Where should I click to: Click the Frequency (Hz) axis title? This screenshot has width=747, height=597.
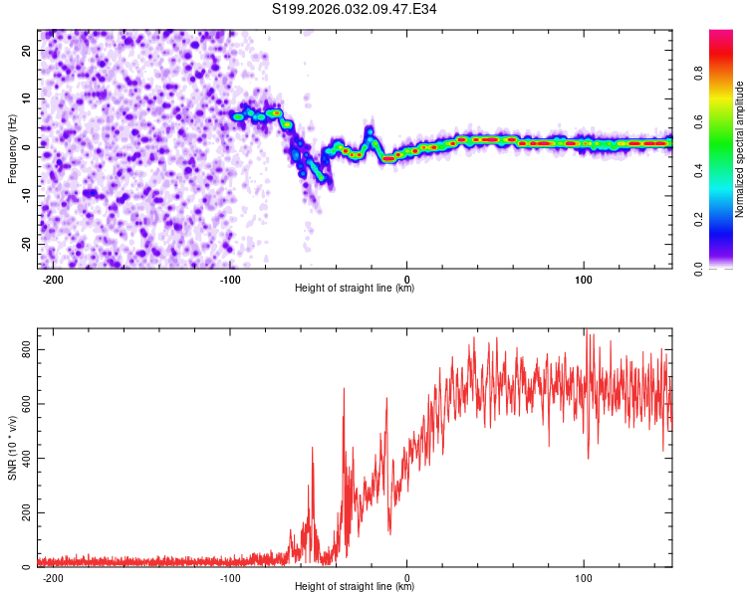click(12, 149)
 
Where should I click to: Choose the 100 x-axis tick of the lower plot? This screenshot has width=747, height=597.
click(585, 577)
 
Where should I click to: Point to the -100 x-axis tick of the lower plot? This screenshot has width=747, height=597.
click(230, 577)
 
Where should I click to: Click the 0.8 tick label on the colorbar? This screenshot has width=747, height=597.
click(699, 72)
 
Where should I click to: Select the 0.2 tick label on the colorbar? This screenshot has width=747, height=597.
click(699, 220)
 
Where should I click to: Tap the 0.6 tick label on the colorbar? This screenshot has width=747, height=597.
click(699, 121)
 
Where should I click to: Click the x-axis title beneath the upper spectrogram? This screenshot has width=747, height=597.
click(355, 289)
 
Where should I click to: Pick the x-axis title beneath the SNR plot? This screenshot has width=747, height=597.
click(355, 587)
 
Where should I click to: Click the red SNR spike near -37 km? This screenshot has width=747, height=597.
click(345, 390)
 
